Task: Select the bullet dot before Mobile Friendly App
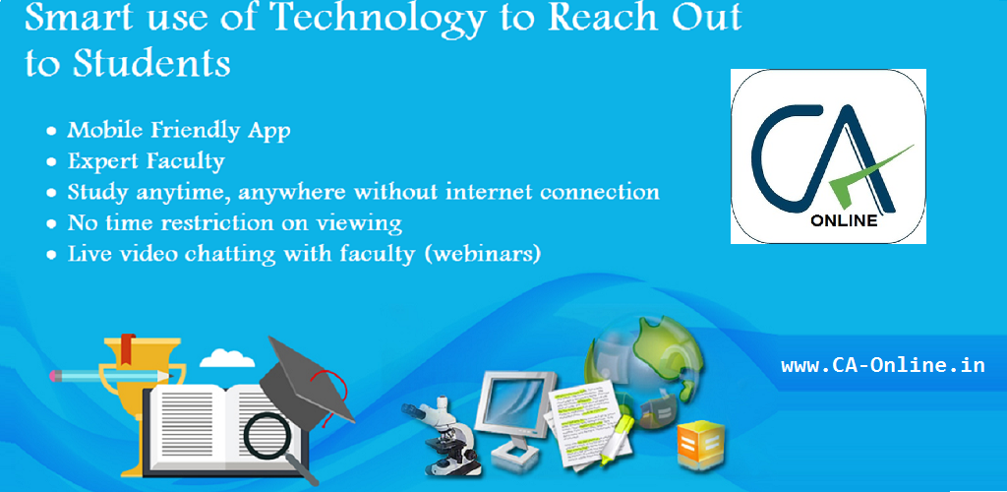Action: point(51,132)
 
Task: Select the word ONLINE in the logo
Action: point(844,221)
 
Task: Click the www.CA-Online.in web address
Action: point(883,365)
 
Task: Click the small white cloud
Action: point(227,358)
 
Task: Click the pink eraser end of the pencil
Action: point(55,375)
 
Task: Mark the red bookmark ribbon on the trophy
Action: point(129,346)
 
